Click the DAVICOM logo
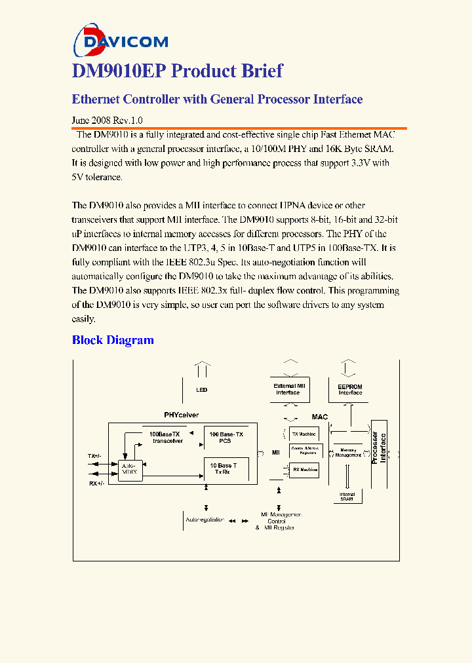(121, 41)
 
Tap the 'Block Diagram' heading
(113, 340)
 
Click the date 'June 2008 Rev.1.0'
(107, 121)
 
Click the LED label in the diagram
(202, 390)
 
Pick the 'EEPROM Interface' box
(350, 389)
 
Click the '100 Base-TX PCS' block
(227, 438)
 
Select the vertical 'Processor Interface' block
(380, 448)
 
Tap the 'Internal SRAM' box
(347, 497)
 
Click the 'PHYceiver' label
(181, 415)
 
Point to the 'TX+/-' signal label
(95, 456)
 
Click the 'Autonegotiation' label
(205, 520)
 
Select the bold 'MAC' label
(319, 417)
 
